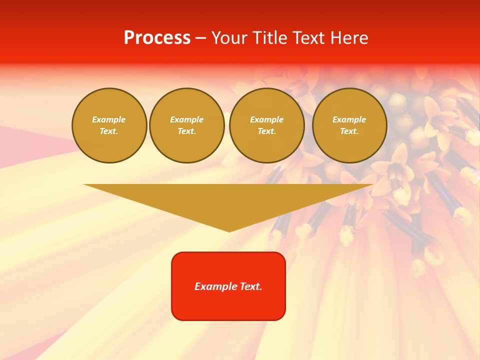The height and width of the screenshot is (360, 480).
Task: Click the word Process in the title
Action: [157, 38]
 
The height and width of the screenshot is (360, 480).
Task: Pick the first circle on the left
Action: [109, 125]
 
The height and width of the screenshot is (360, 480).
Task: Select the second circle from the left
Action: [187, 125]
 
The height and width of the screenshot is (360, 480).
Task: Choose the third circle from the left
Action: [267, 125]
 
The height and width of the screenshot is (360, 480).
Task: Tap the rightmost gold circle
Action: [349, 125]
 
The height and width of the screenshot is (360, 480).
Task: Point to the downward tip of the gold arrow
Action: [229, 230]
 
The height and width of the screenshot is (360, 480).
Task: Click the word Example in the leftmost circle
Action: [109, 120]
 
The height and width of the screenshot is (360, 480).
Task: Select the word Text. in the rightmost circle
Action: [349, 131]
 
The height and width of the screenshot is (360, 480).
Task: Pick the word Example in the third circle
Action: [267, 120]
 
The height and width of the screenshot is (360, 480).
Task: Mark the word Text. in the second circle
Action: [187, 131]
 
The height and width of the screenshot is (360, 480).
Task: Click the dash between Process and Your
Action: [200, 38]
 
